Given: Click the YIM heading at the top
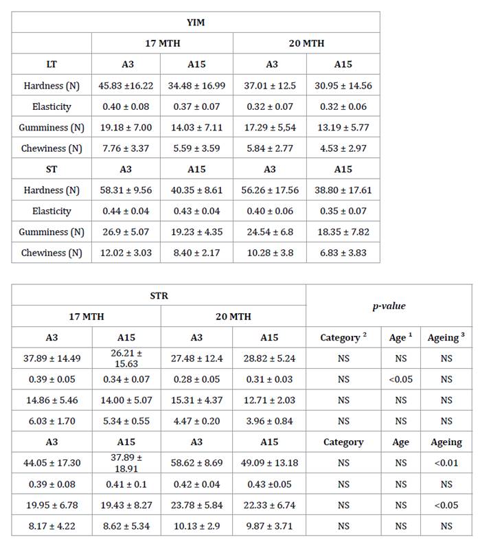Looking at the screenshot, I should [x=196, y=22].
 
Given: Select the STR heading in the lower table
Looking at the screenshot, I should [x=159, y=295].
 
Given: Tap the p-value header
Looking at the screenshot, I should [x=389, y=306].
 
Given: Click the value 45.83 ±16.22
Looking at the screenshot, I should [x=126, y=86].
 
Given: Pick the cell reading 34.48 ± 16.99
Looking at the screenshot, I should [x=197, y=86].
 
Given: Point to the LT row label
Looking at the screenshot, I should [x=52, y=65].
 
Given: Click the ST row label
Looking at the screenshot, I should [x=52, y=169].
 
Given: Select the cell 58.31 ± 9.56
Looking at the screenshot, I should [x=126, y=190].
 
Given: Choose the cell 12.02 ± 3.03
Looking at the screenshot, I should [x=126, y=253].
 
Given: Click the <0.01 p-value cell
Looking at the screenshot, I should [x=446, y=463].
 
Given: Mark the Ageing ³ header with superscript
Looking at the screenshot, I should [x=446, y=337].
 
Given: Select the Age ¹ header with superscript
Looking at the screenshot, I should [x=400, y=337].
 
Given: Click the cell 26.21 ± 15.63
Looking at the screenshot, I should [x=126, y=358].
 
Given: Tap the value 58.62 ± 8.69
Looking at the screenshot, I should [x=196, y=463].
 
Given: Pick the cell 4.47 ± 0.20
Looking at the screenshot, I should [x=196, y=421].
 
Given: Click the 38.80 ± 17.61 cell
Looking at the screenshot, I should [x=343, y=190].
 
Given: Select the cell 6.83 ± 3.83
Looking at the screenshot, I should [x=343, y=253].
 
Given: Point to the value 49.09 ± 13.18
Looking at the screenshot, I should [x=269, y=463].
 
